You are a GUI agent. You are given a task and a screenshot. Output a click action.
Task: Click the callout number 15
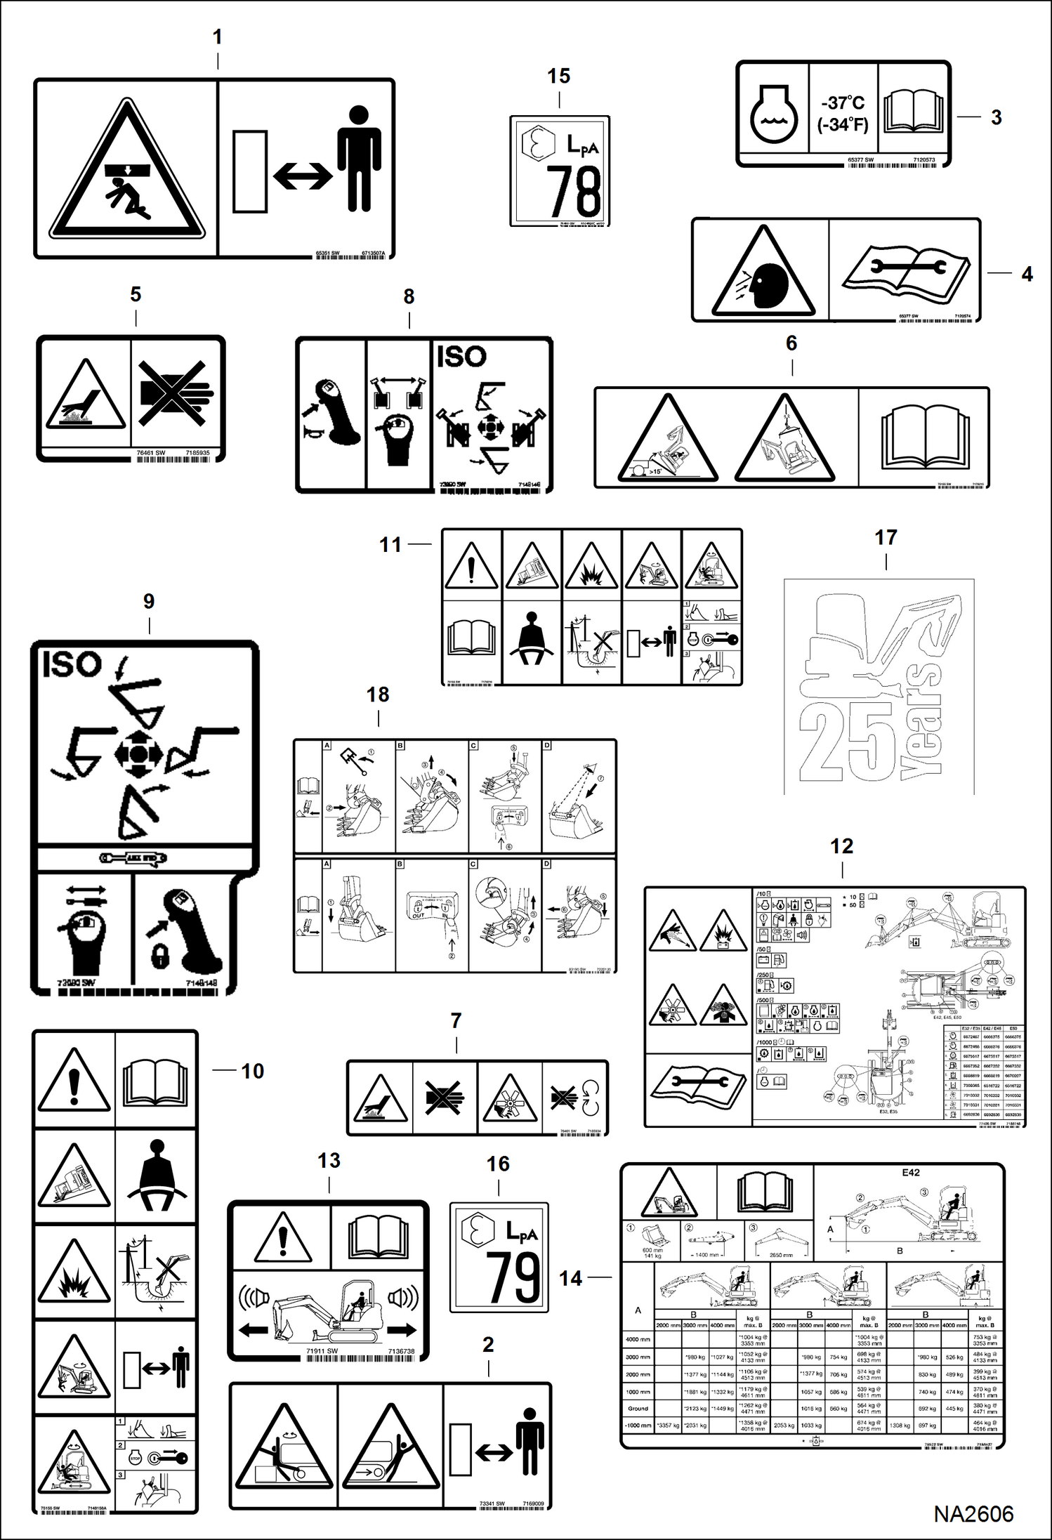point(558,76)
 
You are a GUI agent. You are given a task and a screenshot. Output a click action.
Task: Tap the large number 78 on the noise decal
point(574,191)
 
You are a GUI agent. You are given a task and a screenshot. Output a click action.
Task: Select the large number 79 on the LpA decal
point(513,1277)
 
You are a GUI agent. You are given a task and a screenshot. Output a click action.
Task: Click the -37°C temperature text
point(843,103)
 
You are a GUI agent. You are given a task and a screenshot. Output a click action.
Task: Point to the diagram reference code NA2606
point(973,1513)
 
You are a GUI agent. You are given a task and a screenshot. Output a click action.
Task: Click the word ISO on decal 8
point(461,357)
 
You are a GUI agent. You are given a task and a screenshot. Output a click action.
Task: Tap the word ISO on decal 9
point(72,664)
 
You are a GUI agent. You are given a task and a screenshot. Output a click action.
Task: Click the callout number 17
point(886,538)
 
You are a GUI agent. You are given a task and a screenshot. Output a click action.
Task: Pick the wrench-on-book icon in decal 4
point(906,270)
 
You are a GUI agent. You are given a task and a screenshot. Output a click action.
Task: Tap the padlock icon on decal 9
point(162,955)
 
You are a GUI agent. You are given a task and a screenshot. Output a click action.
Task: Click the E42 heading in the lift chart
point(910,1172)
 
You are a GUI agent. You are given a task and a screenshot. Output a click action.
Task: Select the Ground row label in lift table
point(638,1408)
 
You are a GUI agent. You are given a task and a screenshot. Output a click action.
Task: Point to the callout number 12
point(841,846)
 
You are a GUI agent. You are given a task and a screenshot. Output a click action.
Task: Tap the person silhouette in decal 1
point(359,159)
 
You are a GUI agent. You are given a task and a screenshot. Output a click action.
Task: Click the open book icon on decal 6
point(924,436)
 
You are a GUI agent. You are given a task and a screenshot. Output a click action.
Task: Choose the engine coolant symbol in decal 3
point(773,114)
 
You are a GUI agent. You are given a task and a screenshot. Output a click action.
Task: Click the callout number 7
point(456,1020)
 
